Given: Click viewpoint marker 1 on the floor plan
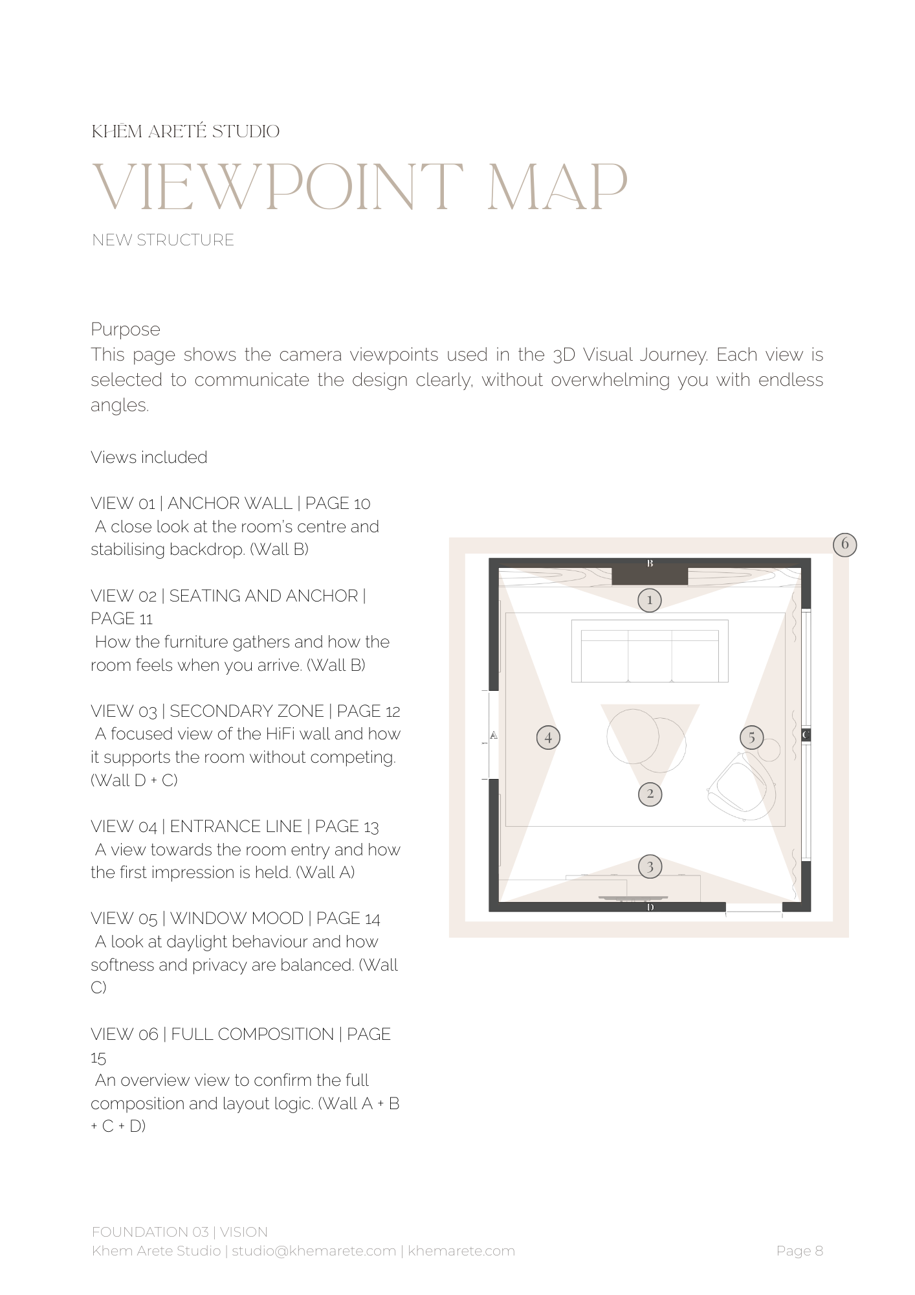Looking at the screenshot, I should pos(650,600).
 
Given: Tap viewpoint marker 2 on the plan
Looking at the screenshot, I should pos(650,794).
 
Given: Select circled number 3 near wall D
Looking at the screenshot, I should pos(650,866).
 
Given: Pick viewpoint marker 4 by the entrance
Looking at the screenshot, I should pos(548,737).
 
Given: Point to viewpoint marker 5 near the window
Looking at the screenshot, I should pos(751,737).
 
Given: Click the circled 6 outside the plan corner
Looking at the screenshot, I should pos(844,544).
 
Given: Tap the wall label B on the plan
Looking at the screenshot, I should pos(650,563).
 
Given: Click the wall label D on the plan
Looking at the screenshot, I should pos(650,907).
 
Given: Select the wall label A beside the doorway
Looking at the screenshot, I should pos(494,735).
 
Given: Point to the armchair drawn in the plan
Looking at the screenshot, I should pos(741,787).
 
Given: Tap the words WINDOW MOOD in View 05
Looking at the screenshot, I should pos(236,918).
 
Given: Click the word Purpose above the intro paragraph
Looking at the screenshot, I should pos(126,329).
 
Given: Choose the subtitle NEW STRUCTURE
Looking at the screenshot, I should pos(163,240).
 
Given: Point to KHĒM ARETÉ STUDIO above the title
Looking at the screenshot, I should pos(186,131).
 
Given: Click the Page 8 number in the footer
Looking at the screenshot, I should pos(799,1251).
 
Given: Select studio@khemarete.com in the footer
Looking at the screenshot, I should pos(314,1251).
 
